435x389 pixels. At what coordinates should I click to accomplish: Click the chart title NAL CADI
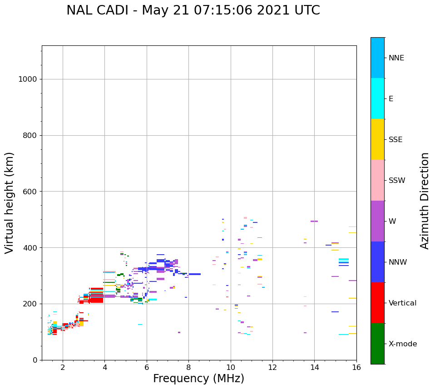click(193, 10)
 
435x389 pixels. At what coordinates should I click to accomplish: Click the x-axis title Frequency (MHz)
click(198, 379)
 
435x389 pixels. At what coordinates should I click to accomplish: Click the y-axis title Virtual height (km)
click(10, 203)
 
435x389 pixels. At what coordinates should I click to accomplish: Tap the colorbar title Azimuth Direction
click(425, 201)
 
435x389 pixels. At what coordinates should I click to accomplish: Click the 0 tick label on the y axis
click(35, 360)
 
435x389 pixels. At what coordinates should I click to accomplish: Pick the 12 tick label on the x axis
click(272, 367)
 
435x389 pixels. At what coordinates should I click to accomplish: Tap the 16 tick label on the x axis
click(356, 367)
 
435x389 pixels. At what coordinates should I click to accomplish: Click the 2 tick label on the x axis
click(63, 367)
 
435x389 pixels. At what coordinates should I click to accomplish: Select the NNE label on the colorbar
click(396, 58)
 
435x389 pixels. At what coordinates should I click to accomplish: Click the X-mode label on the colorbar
click(402, 344)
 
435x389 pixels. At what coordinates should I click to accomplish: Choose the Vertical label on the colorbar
click(402, 303)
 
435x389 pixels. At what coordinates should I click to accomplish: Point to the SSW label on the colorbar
click(396, 181)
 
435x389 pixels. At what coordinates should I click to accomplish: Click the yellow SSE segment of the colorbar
click(377, 139)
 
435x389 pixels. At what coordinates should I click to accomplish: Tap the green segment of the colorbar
click(377, 344)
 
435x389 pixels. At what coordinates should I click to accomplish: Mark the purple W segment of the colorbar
click(377, 221)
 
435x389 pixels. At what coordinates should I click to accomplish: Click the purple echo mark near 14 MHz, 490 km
click(314, 222)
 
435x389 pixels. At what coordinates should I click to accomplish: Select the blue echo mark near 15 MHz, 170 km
click(335, 312)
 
